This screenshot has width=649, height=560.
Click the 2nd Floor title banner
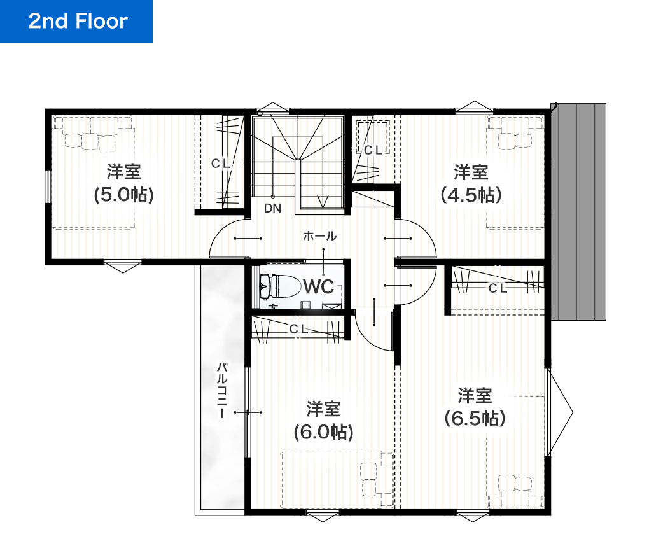[x=76, y=22]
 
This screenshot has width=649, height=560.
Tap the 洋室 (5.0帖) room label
[x=124, y=183]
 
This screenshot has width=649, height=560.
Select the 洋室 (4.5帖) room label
[x=471, y=183]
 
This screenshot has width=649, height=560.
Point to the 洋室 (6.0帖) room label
[x=324, y=421]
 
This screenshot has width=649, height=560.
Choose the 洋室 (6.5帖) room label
[x=475, y=407]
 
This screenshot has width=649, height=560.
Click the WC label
[x=318, y=286]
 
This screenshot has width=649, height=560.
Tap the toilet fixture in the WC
[x=279, y=286]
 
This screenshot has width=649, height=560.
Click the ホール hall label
[x=320, y=236]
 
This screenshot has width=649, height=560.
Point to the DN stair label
[x=272, y=208]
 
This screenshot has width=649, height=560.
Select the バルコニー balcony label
[x=222, y=390]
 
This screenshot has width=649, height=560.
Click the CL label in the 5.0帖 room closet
[x=220, y=164]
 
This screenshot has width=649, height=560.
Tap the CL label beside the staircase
[x=373, y=150]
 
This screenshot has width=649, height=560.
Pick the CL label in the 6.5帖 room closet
[x=498, y=288]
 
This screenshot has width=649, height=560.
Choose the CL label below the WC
[x=299, y=329]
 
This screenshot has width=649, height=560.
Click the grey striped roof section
[x=578, y=211]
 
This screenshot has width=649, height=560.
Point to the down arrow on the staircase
[x=322, y=202]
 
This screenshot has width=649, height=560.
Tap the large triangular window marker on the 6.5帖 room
[x=561, y=412]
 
